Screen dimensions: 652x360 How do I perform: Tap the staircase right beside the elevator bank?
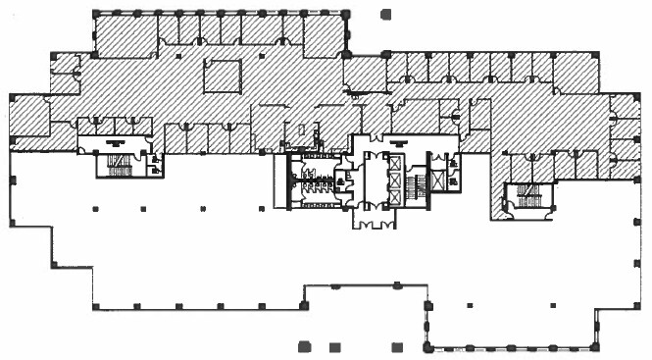point(415,183)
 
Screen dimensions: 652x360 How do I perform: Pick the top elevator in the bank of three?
point(395,162)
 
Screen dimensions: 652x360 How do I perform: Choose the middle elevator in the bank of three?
point(395,179)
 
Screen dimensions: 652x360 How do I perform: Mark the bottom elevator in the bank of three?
point(395,196)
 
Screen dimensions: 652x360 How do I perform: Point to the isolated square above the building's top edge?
point(385,15)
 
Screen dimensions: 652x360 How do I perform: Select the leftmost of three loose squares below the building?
point(304,346)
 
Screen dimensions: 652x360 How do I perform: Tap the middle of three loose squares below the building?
point(334,347)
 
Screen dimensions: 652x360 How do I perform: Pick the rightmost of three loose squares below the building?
point(395,347)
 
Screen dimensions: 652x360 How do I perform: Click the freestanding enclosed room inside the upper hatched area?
point(222,76)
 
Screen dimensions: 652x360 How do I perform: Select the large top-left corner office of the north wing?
point(125,35)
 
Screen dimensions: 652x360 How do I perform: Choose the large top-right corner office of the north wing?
point(322,35)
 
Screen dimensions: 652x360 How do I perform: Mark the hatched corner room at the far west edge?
point(28,117)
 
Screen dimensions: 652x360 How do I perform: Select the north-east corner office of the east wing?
point(575,68)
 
